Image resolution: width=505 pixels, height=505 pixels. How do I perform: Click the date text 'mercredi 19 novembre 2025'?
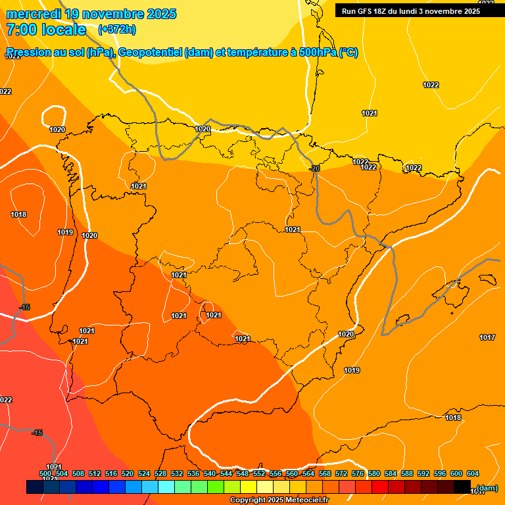click(x=91, y=14)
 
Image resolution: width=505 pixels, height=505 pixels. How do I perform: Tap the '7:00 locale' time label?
click(x=46, y=30)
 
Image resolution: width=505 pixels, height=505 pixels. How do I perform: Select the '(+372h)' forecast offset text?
click(x=117, y=30)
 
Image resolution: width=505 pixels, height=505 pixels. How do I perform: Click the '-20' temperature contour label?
click(x=314, y=168)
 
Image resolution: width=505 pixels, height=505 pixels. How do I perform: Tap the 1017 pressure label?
click(x=487, y=337)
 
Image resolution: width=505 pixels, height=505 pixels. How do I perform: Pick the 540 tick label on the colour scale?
click(x=210, y=473)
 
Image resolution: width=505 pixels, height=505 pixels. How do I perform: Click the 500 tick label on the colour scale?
click(x=45, y=473)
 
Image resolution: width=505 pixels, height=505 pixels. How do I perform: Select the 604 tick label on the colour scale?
click(x=473, y=473)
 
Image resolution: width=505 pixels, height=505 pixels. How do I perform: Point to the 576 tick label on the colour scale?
click(x=358, y=473)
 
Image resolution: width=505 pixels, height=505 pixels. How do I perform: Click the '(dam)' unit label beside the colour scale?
click(x=487, y=488)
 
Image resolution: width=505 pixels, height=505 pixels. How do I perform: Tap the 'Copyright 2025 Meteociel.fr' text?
click(x=279, y=500)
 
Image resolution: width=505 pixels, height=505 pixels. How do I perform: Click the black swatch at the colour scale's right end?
click(x=462, y=487)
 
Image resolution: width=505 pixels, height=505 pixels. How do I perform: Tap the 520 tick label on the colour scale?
click(x=128, y=473)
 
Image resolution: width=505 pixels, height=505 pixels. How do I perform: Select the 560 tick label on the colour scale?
click(x=292, y=473)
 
